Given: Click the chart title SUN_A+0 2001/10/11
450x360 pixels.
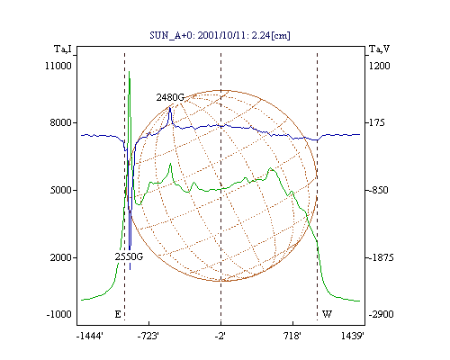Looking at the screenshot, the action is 220,35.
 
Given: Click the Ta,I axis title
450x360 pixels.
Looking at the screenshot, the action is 63,49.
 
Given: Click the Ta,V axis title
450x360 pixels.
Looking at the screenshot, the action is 380,49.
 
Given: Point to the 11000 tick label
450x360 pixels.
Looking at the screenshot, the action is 58,66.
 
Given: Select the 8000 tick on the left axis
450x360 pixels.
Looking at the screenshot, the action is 61,122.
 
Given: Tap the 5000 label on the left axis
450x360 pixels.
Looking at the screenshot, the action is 61,190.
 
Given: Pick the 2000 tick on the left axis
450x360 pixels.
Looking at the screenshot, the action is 61,257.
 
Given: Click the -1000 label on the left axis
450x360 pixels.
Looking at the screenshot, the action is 58,314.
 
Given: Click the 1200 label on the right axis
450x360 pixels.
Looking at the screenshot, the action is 380,66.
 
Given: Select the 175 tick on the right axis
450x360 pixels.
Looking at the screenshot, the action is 377,122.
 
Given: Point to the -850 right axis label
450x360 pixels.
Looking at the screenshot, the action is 378,190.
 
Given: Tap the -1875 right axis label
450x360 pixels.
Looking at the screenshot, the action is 381,257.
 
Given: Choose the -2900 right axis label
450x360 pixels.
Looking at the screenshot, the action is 381,314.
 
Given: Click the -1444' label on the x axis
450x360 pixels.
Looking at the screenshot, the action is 90,336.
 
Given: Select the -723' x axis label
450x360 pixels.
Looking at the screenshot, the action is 148,336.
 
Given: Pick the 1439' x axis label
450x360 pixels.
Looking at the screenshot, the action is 353,336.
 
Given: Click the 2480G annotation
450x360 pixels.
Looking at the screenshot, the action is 170,97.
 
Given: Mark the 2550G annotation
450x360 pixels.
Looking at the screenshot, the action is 129,256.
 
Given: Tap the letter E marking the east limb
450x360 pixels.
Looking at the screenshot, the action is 118,314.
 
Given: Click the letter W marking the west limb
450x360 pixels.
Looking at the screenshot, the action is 327,314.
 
